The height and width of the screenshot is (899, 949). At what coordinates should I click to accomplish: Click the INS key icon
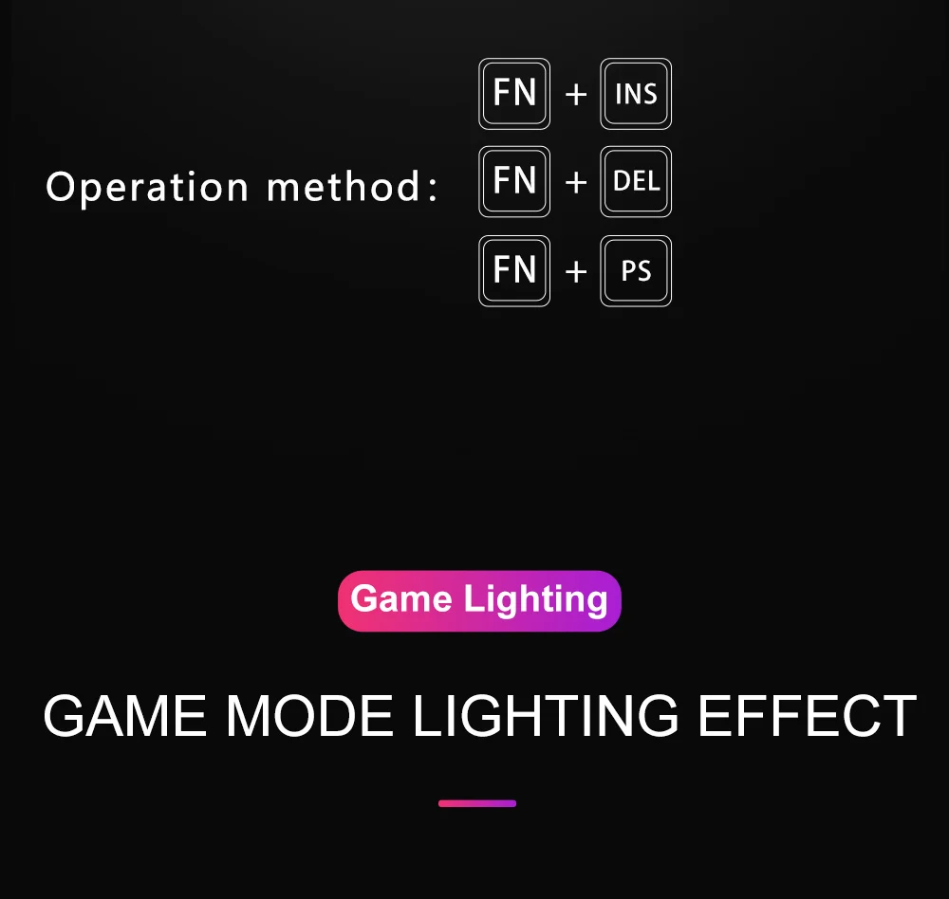[636, 94]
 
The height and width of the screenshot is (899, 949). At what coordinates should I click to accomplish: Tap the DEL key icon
[636, 181]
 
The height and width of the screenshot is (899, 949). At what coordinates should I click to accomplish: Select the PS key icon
[636, 271]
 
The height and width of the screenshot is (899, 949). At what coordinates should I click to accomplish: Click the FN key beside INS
[514, 94]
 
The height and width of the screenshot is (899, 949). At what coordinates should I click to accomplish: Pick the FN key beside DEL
[514, 181]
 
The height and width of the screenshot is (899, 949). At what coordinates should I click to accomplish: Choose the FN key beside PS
[514, 271]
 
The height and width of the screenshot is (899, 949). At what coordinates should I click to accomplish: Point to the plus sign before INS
[576, 95]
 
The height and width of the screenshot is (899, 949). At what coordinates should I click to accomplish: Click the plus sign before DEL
[576, 182]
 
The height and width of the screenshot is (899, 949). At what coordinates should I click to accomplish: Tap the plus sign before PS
[576, 272]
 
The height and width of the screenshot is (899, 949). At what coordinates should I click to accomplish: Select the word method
[342, 186]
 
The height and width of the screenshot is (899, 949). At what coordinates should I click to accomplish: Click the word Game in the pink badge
[400, 600]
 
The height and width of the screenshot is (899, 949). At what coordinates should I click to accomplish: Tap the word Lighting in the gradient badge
[535, 600]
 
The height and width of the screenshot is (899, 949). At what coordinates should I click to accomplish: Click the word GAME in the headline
[123, 717]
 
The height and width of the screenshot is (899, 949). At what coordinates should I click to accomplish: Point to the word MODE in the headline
[309, 717]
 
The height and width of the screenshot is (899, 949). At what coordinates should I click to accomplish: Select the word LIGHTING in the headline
[546, 717]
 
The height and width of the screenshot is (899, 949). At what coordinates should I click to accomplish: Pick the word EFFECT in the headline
[807, 717]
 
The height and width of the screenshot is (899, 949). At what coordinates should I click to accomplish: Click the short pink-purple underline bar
[477, 803]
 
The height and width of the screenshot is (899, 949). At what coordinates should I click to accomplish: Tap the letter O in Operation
[60, 186]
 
